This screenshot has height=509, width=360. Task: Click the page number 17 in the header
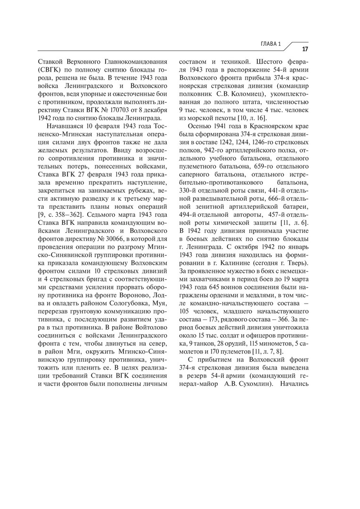point(305,49)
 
